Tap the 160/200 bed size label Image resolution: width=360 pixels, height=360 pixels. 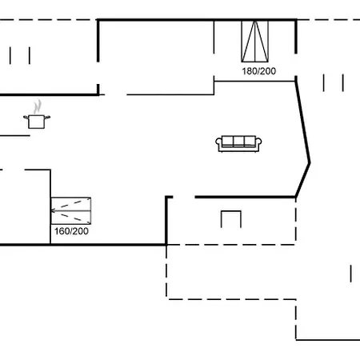pos(71,231)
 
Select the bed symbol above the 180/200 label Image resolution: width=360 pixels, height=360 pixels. pos(256,42)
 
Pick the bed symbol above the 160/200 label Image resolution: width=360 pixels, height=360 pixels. pos(71,210)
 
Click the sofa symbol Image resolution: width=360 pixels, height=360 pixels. pos(238,143)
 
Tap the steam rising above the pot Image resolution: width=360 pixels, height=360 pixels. pos(37,106)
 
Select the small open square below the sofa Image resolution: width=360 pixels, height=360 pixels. pos(231,218)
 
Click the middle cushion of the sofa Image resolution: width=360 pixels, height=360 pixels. pos(238,142)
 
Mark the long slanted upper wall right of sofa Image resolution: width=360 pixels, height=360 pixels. pos(302,120)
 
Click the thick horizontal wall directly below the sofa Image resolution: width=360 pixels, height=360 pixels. pos(244,197)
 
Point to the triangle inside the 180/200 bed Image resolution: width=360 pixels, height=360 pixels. pos(256,42)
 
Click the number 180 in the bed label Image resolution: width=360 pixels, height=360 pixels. pos(247,70)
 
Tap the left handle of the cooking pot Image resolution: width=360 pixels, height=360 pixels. pos(26,118)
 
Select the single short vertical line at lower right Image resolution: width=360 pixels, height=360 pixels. pos(350,272)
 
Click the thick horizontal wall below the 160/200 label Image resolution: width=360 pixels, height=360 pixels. pos(80,244)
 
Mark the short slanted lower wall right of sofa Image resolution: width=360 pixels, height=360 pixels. pos(302,180)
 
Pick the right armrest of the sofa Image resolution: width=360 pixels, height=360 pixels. pos(258,144)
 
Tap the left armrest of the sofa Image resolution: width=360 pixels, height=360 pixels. pos(218,144)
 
